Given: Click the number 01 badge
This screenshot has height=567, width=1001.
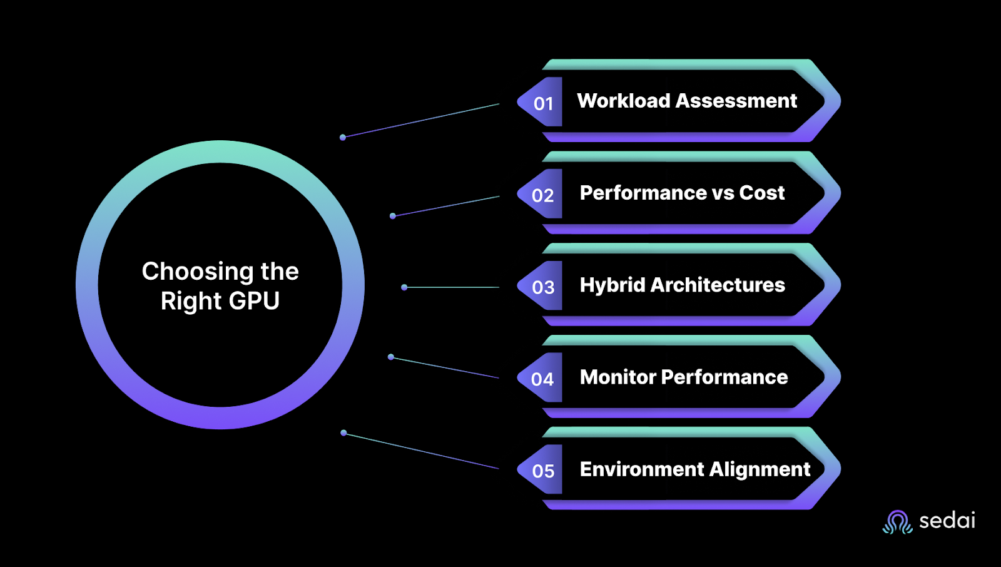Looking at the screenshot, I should [543, 103].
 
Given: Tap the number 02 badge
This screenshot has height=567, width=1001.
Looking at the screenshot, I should [543, 195].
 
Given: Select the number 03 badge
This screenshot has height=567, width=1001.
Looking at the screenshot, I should [543, 287].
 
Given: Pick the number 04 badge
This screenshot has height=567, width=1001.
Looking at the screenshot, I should [542, 379].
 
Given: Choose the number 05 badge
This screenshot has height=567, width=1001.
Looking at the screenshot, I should [543, 471].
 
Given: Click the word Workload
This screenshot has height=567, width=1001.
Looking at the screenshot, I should [623, 101].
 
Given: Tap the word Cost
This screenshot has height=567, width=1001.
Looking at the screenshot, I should [761, 193].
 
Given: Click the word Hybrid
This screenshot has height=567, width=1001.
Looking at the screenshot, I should [612, 285].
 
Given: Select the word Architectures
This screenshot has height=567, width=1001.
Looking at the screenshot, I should [718, 285].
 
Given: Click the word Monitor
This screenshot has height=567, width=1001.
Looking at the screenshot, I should [617, 377].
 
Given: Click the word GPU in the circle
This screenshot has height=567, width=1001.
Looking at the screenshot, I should [254, 301].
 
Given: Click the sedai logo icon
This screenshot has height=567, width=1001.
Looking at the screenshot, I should [898, 522].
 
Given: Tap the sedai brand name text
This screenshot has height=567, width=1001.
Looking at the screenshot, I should [947, 521].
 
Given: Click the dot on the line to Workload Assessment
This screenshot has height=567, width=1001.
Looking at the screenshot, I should [343, 137].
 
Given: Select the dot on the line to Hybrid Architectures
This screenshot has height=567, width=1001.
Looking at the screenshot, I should [404, 287].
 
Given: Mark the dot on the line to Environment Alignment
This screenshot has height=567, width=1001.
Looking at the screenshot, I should [343, 432].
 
